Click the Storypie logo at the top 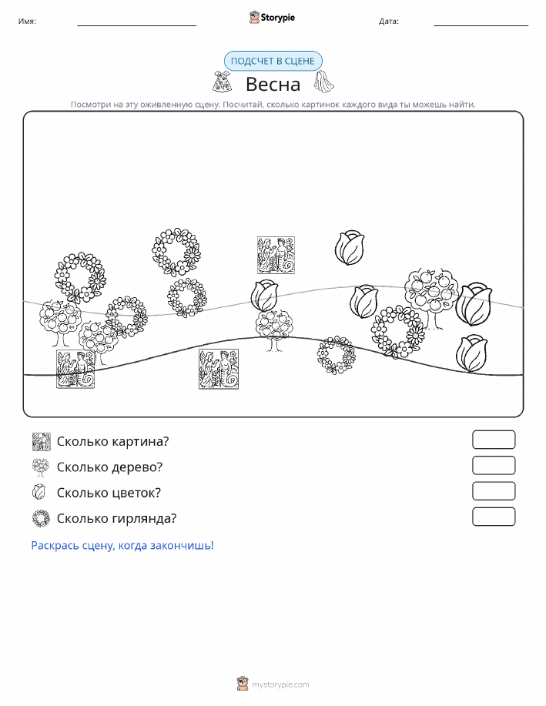272,18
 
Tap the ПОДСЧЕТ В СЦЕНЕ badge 273,62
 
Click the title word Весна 273,84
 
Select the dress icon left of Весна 223,82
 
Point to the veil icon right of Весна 324,82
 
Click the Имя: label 27,21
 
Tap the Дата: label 389,21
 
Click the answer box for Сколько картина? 494,440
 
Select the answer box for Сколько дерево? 494,466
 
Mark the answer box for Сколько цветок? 494,491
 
